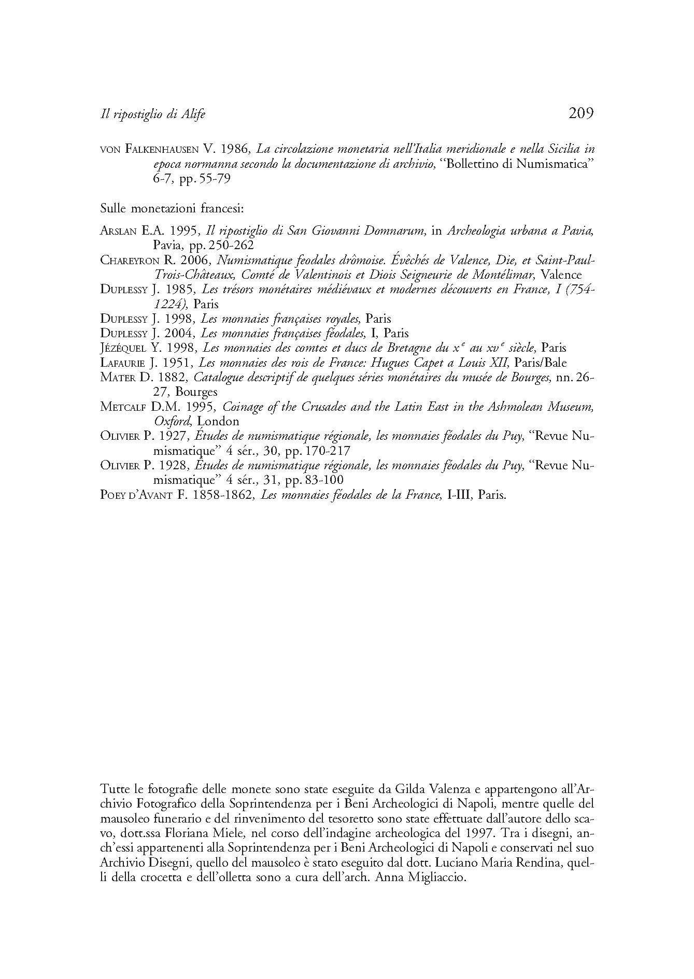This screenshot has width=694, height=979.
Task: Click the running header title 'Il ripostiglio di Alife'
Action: (152, 114)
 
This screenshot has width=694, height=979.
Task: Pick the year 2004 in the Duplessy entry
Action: (181, 333)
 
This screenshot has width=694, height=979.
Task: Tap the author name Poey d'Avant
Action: (136, 495)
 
